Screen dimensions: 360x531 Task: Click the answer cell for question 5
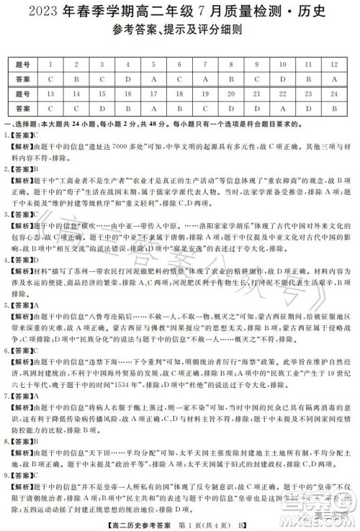(153, 78)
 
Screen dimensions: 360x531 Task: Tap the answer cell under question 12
(334, 78)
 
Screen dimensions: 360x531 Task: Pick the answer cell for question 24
(334, 109)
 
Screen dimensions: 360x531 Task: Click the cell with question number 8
(230, 64)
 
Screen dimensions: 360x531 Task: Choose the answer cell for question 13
(50, 109)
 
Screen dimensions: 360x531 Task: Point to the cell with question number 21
(256, 94)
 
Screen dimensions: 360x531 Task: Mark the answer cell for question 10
(282, 78)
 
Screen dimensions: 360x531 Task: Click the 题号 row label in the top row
(24, 64)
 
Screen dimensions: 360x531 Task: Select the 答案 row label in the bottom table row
(24, 109)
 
